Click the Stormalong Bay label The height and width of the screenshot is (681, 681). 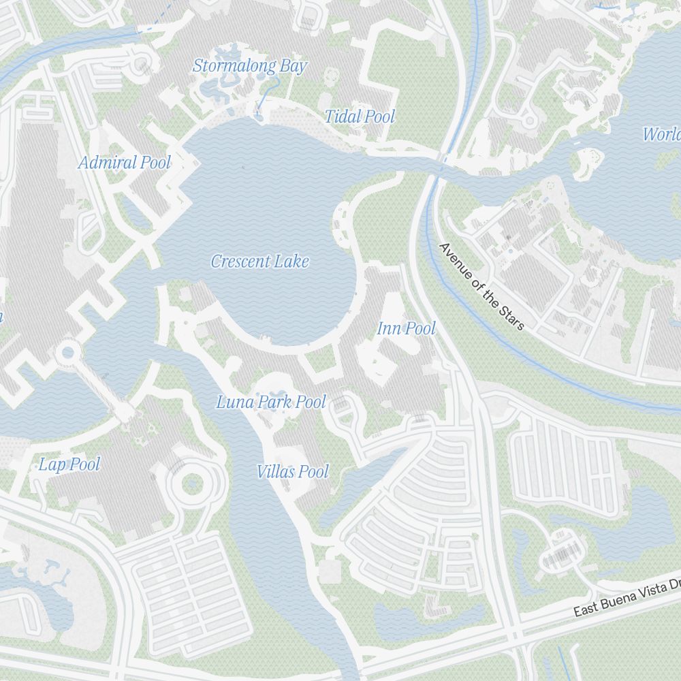pyautogui.click(x=250, y=66)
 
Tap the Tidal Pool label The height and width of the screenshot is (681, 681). pyautogui.click(x=359, y=116)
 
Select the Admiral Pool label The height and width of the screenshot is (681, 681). pyautogui.click(x=124, y=163)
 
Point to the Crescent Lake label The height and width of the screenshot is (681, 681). pyautogui.click(x=259, y=262)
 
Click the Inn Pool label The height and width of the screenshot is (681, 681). pyautogui.click(x=406, y=329)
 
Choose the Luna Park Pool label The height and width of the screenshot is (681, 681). pyautogui.click(x=271, y=402)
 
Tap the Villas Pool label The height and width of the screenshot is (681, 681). pyautogui.click(x=293, y=471)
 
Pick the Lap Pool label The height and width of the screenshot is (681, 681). pyautogui.click(x=69, y=465)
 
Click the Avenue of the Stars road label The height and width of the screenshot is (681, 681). pyautogui.click(x=482, y=286)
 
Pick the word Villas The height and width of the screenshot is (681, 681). pyautogui.click(x=276, y=471)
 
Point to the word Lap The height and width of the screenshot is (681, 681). pyautogui.click(x=52, y=465)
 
